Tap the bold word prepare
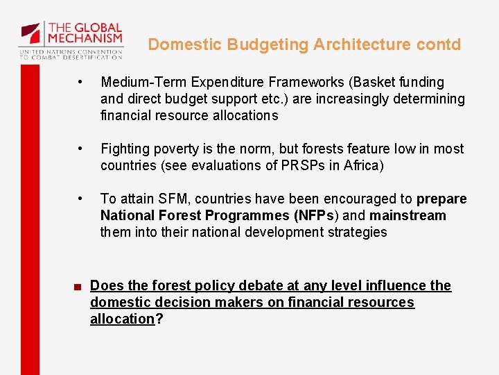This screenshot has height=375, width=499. coord(441,199)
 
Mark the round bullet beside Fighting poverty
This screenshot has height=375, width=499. coord(81,149)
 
